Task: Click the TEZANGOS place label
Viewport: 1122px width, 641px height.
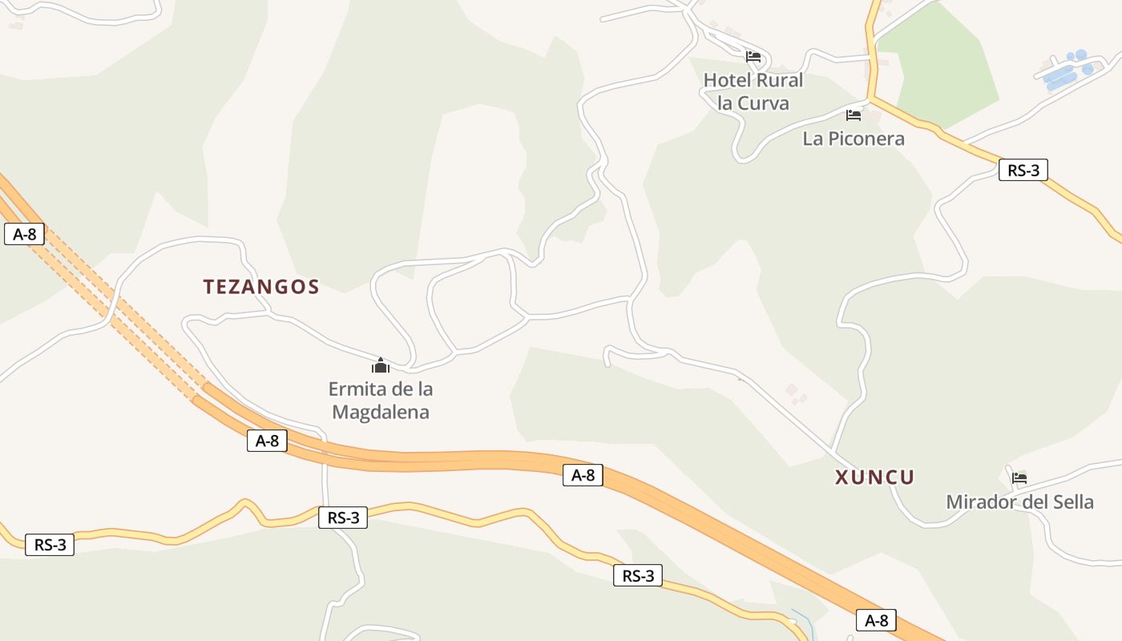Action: click(x=261, y=287)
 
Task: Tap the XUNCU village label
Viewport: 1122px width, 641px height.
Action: click(x=874, y=478)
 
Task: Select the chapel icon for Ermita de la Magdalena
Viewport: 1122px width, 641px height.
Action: click(x=380, y=366)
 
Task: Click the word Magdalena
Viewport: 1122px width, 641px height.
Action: click(x=381, y=413)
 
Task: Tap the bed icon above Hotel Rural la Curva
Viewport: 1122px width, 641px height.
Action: click(x=753, y=57)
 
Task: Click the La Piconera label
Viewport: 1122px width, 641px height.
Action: click(x=854, y=139)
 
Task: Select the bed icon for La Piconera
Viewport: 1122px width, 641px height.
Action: click(x=854, y=115)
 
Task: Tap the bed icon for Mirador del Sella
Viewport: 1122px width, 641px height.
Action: click(x=1019, y=478)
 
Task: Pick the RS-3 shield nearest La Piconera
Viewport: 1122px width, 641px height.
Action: click(x=1023, y=170)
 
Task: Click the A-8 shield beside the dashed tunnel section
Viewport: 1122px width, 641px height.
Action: click(x=24, y=234)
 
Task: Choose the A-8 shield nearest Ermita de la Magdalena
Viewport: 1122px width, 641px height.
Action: click(x=267, y=440)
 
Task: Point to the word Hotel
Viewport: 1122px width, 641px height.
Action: click(x=727, y=80)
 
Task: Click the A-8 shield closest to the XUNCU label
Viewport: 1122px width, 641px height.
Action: click(x=876, y=619)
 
